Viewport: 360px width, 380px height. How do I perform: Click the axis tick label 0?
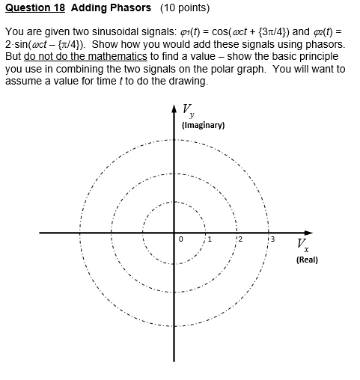[180, 240]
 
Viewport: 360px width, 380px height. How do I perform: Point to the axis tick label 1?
[210, 240]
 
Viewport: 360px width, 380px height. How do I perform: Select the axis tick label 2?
[241, 240]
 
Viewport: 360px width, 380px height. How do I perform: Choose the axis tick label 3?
[272, 240]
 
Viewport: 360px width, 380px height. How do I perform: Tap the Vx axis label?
[300, 245]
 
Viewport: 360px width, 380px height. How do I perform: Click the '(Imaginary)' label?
[203, 125]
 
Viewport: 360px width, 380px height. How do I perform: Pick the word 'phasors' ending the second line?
[326, 44]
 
